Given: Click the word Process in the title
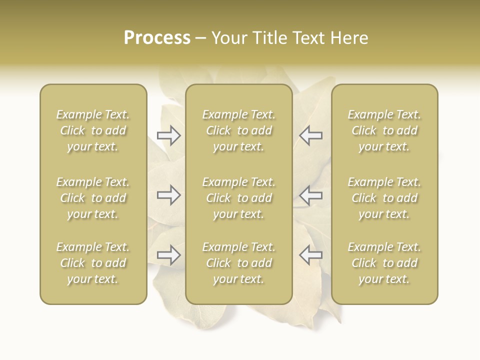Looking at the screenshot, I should tap(157, 38).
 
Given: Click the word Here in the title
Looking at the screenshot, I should tap(350, 38).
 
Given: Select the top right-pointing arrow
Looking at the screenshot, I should tap(169, 135).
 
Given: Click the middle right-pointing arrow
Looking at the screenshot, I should tap(169, 195).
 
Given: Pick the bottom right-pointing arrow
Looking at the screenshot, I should tap(169, 255).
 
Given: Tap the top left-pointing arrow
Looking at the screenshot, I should tap(310, 135).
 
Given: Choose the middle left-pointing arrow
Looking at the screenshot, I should tap(310, 195).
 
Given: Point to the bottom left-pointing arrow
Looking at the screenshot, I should tap(310, 255).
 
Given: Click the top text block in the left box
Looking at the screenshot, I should tap(93, 130).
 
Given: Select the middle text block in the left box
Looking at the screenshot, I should tap(93, 198).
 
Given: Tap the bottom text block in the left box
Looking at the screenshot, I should tap(93, 263).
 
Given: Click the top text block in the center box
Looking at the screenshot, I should tap(238, 130).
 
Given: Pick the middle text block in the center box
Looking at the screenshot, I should tap(238, 198).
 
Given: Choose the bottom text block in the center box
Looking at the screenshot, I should tap(238, 263).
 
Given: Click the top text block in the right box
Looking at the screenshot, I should tap(384, 130).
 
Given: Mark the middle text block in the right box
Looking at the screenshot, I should tap(384, 198).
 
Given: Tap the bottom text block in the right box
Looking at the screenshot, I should tap(384, 263).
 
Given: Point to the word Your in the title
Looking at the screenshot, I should tap(228, 38).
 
